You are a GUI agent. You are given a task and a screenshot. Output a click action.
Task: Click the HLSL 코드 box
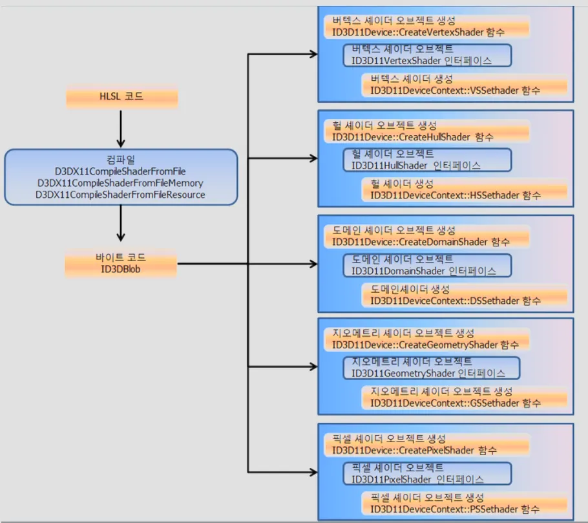[121, 98]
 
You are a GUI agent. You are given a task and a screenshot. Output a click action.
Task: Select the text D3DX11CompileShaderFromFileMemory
[120, 183]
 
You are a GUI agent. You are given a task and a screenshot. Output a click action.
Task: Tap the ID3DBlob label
[121, 269]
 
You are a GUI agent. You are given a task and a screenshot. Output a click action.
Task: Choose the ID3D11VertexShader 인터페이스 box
[428, 55]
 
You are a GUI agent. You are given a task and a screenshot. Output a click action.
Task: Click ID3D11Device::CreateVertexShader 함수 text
[418, 32]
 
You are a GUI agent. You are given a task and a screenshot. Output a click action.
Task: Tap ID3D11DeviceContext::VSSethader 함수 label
[456, 91]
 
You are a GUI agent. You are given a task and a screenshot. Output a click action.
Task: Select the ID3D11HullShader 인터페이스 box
[428, 160]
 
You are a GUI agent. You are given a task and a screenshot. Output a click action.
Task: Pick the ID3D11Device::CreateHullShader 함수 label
[413, 137]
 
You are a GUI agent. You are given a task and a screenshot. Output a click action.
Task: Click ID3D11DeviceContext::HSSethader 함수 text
[456, 195]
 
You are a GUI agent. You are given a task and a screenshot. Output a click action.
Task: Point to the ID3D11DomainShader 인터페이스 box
[428, 265]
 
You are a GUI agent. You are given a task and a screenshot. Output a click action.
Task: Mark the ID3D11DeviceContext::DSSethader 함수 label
[456, 301]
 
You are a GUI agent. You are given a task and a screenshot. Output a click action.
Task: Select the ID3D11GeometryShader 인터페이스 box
[432, 368]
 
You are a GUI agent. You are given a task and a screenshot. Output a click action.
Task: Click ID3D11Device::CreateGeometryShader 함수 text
[425, 345]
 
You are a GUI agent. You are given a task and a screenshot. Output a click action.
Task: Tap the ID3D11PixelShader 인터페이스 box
[428, 474]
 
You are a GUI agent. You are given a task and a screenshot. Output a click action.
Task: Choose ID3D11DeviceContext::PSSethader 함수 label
[455, 509]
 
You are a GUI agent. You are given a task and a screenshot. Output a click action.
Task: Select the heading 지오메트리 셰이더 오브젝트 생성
[403, 334]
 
